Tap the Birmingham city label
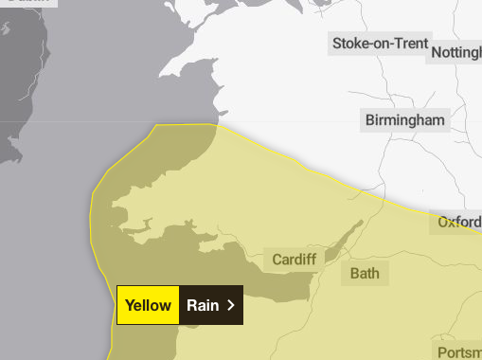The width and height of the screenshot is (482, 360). (x=404, y=120)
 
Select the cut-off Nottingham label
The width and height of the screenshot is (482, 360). (x=455, y=53)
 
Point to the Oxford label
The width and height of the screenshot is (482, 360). (x=459, y=223)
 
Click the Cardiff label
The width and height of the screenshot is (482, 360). (x=294, y=259)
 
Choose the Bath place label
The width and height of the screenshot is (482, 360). (x=365, y=274)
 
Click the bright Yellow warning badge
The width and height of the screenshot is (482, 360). (x=148, y=305)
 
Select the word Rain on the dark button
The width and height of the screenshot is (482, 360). (x=203, y=305)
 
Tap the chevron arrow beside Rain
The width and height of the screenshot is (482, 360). (x=230, y=305)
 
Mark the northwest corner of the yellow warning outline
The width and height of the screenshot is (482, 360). (x=154, y=125)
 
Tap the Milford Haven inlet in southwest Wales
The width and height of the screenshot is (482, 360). (x=133, y=226)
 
